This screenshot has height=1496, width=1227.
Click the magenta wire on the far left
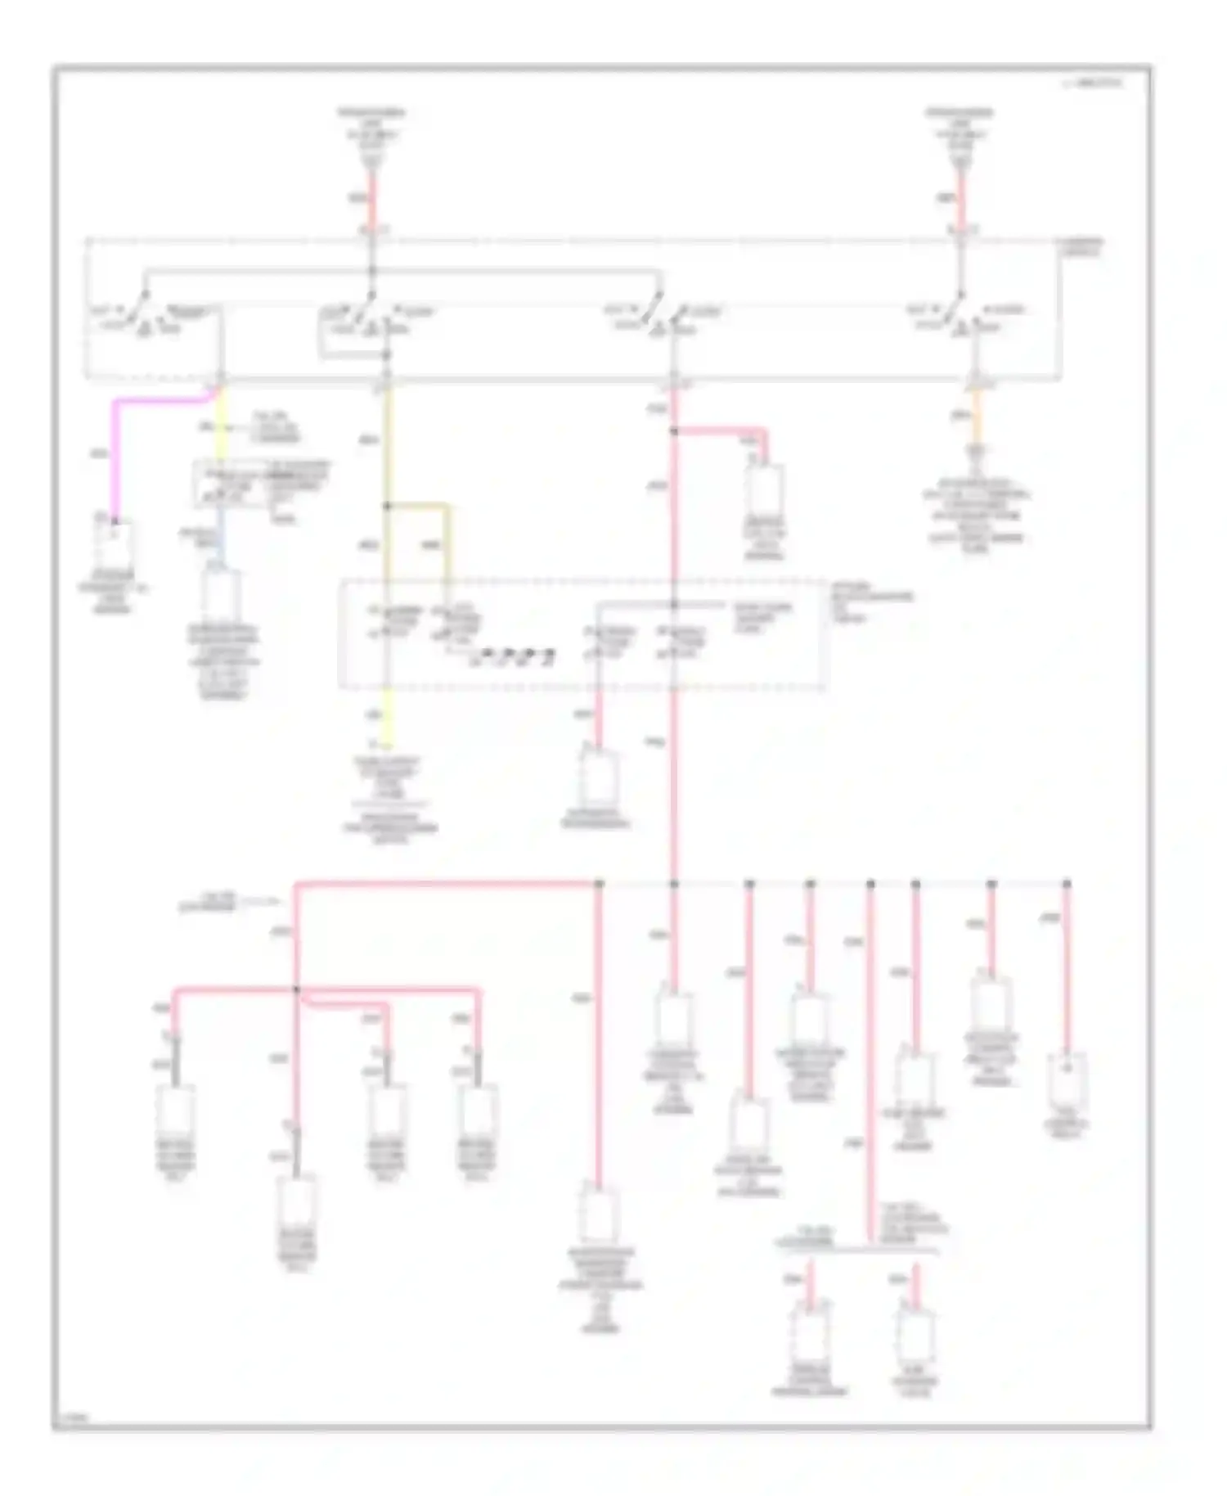point(115,458)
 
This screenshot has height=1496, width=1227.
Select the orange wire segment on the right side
point(975,417)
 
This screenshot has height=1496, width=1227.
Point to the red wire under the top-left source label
point(371,201)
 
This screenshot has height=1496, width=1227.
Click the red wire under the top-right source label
point(961,201)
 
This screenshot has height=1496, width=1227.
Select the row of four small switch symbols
point(514,656)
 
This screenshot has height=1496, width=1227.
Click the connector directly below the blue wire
point(219,593)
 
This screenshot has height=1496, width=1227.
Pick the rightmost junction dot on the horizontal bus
point(1067,884)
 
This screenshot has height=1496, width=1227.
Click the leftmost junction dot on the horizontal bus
point(599,884)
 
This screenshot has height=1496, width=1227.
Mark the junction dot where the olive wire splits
point(387,506)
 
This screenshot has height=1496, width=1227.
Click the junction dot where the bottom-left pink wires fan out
point(296,990)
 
